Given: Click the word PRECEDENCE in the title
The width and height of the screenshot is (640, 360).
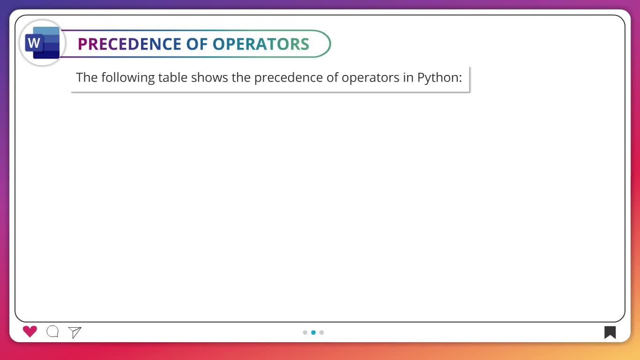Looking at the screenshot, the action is point(129,44).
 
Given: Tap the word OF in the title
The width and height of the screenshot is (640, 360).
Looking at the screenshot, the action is point(197,44).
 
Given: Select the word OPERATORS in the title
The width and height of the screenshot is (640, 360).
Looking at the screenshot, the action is point(261,44).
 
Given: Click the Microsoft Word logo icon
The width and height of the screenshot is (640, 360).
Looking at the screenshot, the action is point(42,43).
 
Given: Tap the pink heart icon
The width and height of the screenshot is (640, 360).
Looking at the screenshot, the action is point(30,331).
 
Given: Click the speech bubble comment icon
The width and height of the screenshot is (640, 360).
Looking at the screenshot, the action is point(52,331).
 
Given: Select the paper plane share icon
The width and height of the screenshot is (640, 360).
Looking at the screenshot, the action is point(75,332).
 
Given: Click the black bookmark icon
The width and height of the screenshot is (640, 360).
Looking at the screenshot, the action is point(610,332).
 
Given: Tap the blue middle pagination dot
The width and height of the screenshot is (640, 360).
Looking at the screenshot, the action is point(313,332).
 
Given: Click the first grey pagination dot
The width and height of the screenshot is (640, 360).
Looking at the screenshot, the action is point(305,332).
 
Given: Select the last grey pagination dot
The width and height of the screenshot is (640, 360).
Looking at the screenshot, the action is point(322,332).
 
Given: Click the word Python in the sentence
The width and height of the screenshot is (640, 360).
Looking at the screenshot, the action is point(438,78).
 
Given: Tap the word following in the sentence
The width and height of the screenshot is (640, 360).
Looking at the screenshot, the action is point(128,78).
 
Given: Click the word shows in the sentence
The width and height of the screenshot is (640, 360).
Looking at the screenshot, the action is point(209,77).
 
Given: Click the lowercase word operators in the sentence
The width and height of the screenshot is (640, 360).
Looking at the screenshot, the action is point(370,78).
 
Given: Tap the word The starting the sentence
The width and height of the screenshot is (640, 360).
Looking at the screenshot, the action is point(87,77).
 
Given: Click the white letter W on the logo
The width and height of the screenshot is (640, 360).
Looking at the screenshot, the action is point(34,43).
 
